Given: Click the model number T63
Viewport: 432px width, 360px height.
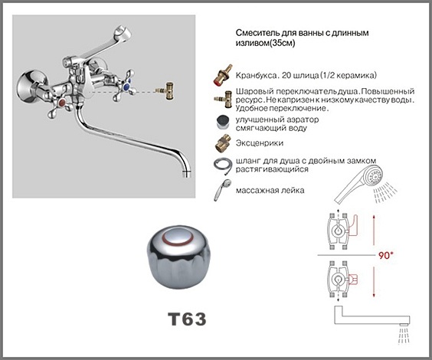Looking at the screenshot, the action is click(187, 319).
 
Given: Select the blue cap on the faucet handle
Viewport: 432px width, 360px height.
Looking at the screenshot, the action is click(126, 87).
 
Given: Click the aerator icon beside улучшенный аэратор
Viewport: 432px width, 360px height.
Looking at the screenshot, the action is click(223, 123).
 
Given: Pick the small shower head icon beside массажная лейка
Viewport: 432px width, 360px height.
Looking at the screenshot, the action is click(223, 189).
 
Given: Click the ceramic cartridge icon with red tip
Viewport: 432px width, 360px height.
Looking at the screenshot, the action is click(223, 74).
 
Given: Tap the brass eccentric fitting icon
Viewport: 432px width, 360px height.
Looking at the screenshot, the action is click(223, 143).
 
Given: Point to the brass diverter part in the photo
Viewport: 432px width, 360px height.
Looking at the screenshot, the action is click(166, 90).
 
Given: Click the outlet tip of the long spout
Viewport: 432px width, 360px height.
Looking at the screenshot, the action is click(187, 174).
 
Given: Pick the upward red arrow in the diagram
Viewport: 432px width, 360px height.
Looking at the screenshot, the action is click(374, 231).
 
